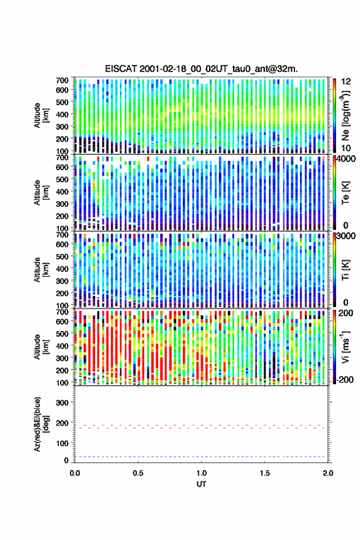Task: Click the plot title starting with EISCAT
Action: click(x=201, y=69)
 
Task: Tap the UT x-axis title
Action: click(x=201, y=484)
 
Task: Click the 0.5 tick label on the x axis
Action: click(x=138, y=473)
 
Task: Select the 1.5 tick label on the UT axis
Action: click(x=265, y=473)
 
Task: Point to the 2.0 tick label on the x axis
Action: click(x=328, y=473)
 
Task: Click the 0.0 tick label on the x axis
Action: click(x=75, y=473)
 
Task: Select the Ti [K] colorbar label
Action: click(x=345, y=269)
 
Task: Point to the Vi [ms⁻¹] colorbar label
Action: click(x=345, y=347)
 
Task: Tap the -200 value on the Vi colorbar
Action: click(x=344, y=379)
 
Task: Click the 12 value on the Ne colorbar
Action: click(x=347, y=81)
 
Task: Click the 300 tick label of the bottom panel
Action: click(x=63, y=403)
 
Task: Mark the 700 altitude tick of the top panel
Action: click(x=63, y=80)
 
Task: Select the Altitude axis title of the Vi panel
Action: click(x=41, y=347)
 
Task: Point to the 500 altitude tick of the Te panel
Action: click(x=63, y=179)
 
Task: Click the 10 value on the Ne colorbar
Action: click(x=347, y=148)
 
